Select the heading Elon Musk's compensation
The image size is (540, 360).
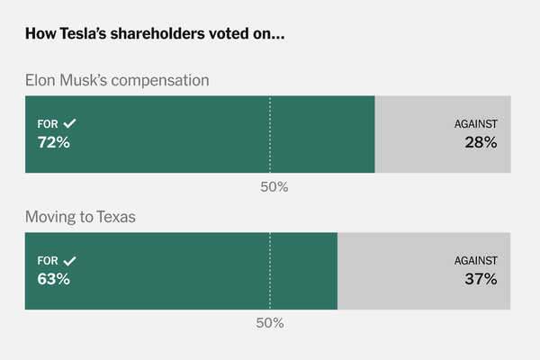pyautogui.click(x=117, y=80)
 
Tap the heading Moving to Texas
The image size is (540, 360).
pyautogui.click(x=80, y=217)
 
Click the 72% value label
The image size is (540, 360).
pyautogui.click(x=53, y=142)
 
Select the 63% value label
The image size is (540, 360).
pyautogui.click(x=53, y=279)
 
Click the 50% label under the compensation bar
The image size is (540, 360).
pyautogui.click(x=274, y=186)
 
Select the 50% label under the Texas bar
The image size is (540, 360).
pyautogui.click(x=270, y=322)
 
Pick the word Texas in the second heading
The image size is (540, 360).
pyautogui.click(x=116, y=217)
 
